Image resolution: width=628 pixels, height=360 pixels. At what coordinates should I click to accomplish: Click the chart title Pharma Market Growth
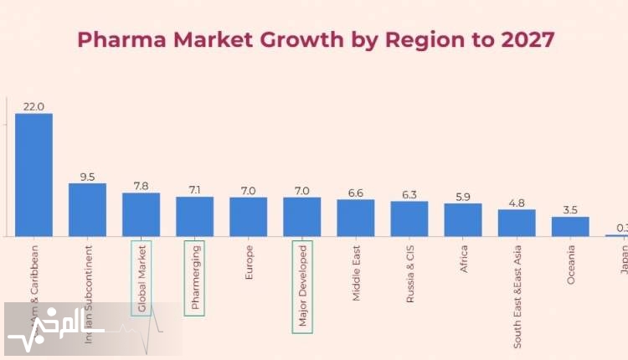coord(315,39)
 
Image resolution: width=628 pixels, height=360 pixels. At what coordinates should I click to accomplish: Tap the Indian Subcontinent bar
coord(87,209)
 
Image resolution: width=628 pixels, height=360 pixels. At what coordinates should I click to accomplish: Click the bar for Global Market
coord(141,214)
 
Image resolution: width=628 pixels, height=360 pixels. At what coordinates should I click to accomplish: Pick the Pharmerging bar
coord(194,216)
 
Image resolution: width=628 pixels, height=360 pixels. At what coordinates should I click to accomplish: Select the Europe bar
coord(248,216)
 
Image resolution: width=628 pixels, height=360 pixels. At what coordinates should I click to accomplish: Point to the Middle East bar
coord(356,218)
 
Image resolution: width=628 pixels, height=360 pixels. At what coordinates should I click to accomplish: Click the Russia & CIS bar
coord(409,219)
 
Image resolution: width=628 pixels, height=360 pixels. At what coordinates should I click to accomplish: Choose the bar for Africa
coord(463,219)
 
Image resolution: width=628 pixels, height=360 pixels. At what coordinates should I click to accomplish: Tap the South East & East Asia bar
coord(517,223)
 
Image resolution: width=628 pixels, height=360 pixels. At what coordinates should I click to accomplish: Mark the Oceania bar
coord(570,226)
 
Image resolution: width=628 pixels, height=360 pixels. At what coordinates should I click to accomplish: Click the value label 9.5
coord(87,177)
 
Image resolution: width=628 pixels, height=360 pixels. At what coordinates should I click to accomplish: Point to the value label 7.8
coord(141,186)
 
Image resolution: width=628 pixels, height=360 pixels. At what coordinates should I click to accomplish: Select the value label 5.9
coord(463,197)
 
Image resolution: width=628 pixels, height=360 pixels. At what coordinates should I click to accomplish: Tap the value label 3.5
coord(570,210)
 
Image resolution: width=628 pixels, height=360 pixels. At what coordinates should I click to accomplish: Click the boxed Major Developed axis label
coord(302,286)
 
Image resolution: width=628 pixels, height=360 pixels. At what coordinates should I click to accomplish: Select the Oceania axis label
coord(571,265)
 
